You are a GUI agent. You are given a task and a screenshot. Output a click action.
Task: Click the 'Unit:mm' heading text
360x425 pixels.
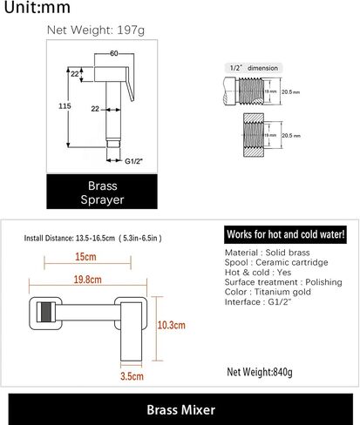coord(37,7)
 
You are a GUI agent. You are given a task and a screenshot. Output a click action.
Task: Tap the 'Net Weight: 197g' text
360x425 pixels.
coord(96,30)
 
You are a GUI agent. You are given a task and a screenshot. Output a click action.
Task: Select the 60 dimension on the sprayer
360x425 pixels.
coord(114,53)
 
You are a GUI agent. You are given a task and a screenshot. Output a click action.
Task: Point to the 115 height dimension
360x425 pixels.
coord(65,106)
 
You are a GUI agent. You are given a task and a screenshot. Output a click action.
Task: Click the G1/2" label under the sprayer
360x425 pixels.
coord(133,161)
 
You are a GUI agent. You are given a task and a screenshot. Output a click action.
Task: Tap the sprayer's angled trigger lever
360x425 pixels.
coord(130,84)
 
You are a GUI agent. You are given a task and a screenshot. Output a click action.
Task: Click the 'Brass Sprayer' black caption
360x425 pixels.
coord(102,192)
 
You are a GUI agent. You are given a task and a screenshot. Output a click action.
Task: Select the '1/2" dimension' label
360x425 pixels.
coord(254,68)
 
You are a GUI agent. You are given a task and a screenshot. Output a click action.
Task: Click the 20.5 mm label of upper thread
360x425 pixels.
coord(290,92)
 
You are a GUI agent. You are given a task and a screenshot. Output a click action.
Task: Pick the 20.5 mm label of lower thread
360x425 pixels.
coord(291,136)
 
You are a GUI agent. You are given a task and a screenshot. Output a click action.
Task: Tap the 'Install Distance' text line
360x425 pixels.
coord(92,239)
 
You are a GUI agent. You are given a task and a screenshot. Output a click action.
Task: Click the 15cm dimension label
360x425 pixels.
coord(85,257)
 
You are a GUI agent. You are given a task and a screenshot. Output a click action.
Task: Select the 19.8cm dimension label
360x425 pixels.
coord(87,280)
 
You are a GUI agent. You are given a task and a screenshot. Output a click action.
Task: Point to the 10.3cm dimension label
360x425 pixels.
coord(171,325)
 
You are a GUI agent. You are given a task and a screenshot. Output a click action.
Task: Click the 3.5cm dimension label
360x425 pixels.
coord(132,376)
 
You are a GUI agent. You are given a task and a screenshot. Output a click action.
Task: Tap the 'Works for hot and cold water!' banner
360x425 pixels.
coord(285,234)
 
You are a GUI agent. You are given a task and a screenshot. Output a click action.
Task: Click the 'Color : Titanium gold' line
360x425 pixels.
coord(268,292)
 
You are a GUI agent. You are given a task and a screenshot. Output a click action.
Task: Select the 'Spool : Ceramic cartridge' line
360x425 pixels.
coord(276,262)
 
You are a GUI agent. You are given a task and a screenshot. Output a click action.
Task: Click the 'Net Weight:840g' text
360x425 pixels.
coord(260,372)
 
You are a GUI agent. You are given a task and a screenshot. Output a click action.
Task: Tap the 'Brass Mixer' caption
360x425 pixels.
coord(180,409)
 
